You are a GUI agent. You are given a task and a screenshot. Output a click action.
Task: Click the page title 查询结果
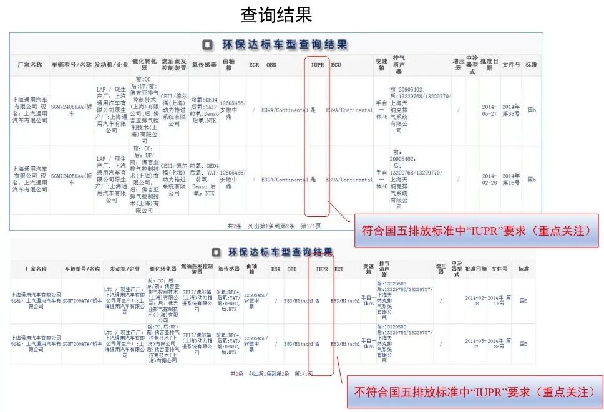[276, 15]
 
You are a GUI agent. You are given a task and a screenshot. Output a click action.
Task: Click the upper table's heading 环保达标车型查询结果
[284, 45]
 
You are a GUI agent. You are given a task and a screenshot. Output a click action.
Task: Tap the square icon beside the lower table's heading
[215, 252]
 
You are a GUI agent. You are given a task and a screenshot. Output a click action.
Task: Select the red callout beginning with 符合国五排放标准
[476, 230]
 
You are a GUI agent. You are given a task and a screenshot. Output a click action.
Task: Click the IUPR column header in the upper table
[317, 65]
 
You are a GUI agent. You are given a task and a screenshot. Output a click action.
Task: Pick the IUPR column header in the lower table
[322, 269]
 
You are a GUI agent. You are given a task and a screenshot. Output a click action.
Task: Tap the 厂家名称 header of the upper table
[29, 65]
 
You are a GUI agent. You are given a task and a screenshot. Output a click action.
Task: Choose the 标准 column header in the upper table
[531, 65]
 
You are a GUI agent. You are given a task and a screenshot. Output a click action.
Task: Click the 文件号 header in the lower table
[499, 269]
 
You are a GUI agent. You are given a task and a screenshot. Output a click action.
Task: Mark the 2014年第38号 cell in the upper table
[511, 110]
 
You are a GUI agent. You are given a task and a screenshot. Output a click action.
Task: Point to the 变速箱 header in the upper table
[381, 65]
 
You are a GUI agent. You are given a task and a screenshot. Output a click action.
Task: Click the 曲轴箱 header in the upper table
[229, 65]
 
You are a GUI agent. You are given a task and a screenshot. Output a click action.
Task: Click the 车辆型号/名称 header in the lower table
[82, 269]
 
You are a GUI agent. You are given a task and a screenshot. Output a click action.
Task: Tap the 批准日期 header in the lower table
[475, 269]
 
